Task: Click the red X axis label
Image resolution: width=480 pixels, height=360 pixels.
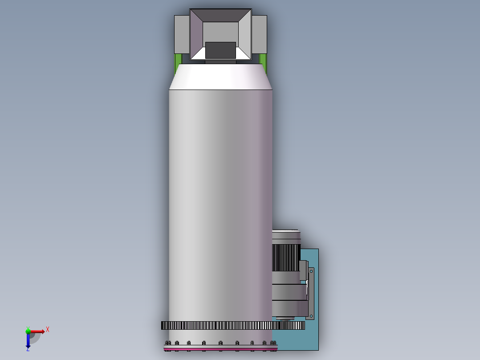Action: tap(48, 330)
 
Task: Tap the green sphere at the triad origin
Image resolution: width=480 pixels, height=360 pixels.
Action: tap(28, 331)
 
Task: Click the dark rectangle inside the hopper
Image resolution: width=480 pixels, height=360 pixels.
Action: tap(220, 50)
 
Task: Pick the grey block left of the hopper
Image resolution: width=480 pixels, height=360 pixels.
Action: tap(182, 34)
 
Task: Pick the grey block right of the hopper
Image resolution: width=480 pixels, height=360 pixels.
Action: tap(259, 34)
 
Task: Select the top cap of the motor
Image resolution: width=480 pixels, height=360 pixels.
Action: tap(286, 236)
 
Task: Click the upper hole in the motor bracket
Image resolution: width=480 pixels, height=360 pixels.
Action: tap(311, 271)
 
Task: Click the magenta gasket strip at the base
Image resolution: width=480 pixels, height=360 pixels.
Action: tap(220, 349)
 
